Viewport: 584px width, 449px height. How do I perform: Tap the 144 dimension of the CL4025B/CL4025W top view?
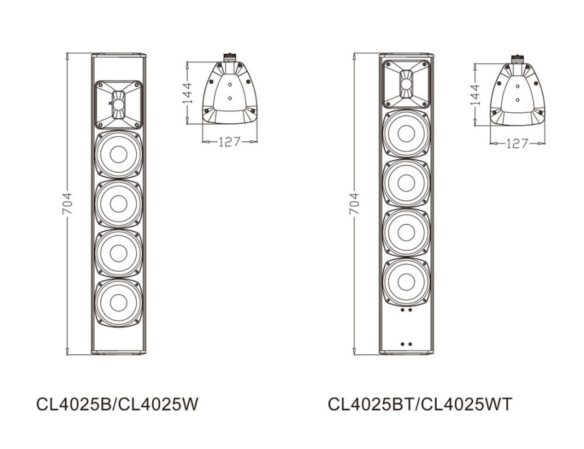pyautogui.click(x=186, y=93)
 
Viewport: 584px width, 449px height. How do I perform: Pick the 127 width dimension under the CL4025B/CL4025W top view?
pyautogui.click(x=229, y=141)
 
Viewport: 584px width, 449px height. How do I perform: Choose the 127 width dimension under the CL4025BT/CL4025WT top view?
pyautogui.click(x=517, y=143)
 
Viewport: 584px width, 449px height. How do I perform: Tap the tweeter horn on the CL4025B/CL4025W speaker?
pyautogui.click(x=118, y=105)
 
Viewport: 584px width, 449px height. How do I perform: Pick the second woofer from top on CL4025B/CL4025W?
pyautogui.click(x=118, y=204)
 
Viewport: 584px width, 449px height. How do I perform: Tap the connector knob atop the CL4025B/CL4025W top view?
pyautogui.click(x=229, y=58)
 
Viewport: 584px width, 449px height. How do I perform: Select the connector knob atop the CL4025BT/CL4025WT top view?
pyautogui.click(x=517, y=59)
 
